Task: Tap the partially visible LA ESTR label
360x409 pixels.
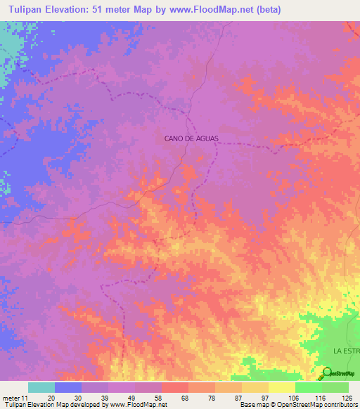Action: tap(346, 349)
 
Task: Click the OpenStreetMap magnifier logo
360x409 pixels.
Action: tap(327, 372)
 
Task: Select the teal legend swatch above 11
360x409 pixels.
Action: tap(41, 387)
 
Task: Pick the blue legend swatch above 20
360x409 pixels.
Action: tap(68, 387)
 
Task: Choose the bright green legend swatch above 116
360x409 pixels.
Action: tap(308, 387)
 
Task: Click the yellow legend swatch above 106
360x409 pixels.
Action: tap(281, 387)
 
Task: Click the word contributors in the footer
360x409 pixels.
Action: tap(340, 405)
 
